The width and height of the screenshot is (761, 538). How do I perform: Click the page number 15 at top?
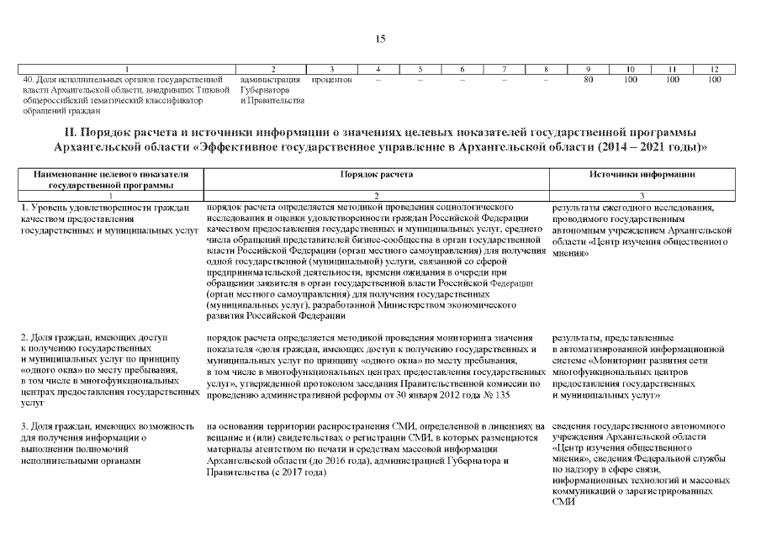tap(380, 38)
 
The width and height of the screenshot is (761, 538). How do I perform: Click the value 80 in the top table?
tap(589, 79)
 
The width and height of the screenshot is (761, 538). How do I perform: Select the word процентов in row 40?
tap(331, 79)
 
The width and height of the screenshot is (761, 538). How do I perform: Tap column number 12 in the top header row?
tap(714, 69)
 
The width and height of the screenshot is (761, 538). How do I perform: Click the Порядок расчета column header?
tap(376, 173)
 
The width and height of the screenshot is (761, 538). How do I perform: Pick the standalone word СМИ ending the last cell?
tap(563, 503)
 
